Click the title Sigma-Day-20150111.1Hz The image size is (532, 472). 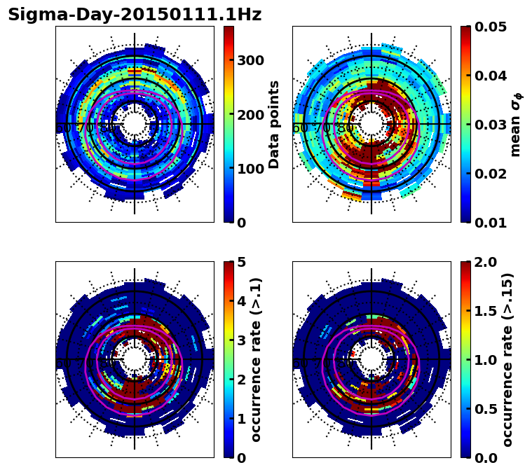(x=135, y=15)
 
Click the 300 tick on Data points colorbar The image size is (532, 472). (x=250, y=60)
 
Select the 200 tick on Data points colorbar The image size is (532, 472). (x=250, y=115)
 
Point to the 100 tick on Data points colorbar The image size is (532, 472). (x=250, y=169)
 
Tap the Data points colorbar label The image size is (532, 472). (x=274, y=125)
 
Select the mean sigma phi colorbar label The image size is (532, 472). (x=515, y=125)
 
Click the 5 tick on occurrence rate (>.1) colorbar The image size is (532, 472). (x=240, y=263)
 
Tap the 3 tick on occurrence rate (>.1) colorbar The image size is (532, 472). (x=240, y=340)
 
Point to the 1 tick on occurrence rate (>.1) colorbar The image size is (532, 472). (x=240, y=419)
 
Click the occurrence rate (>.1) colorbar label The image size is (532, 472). (x=257, y=360)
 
